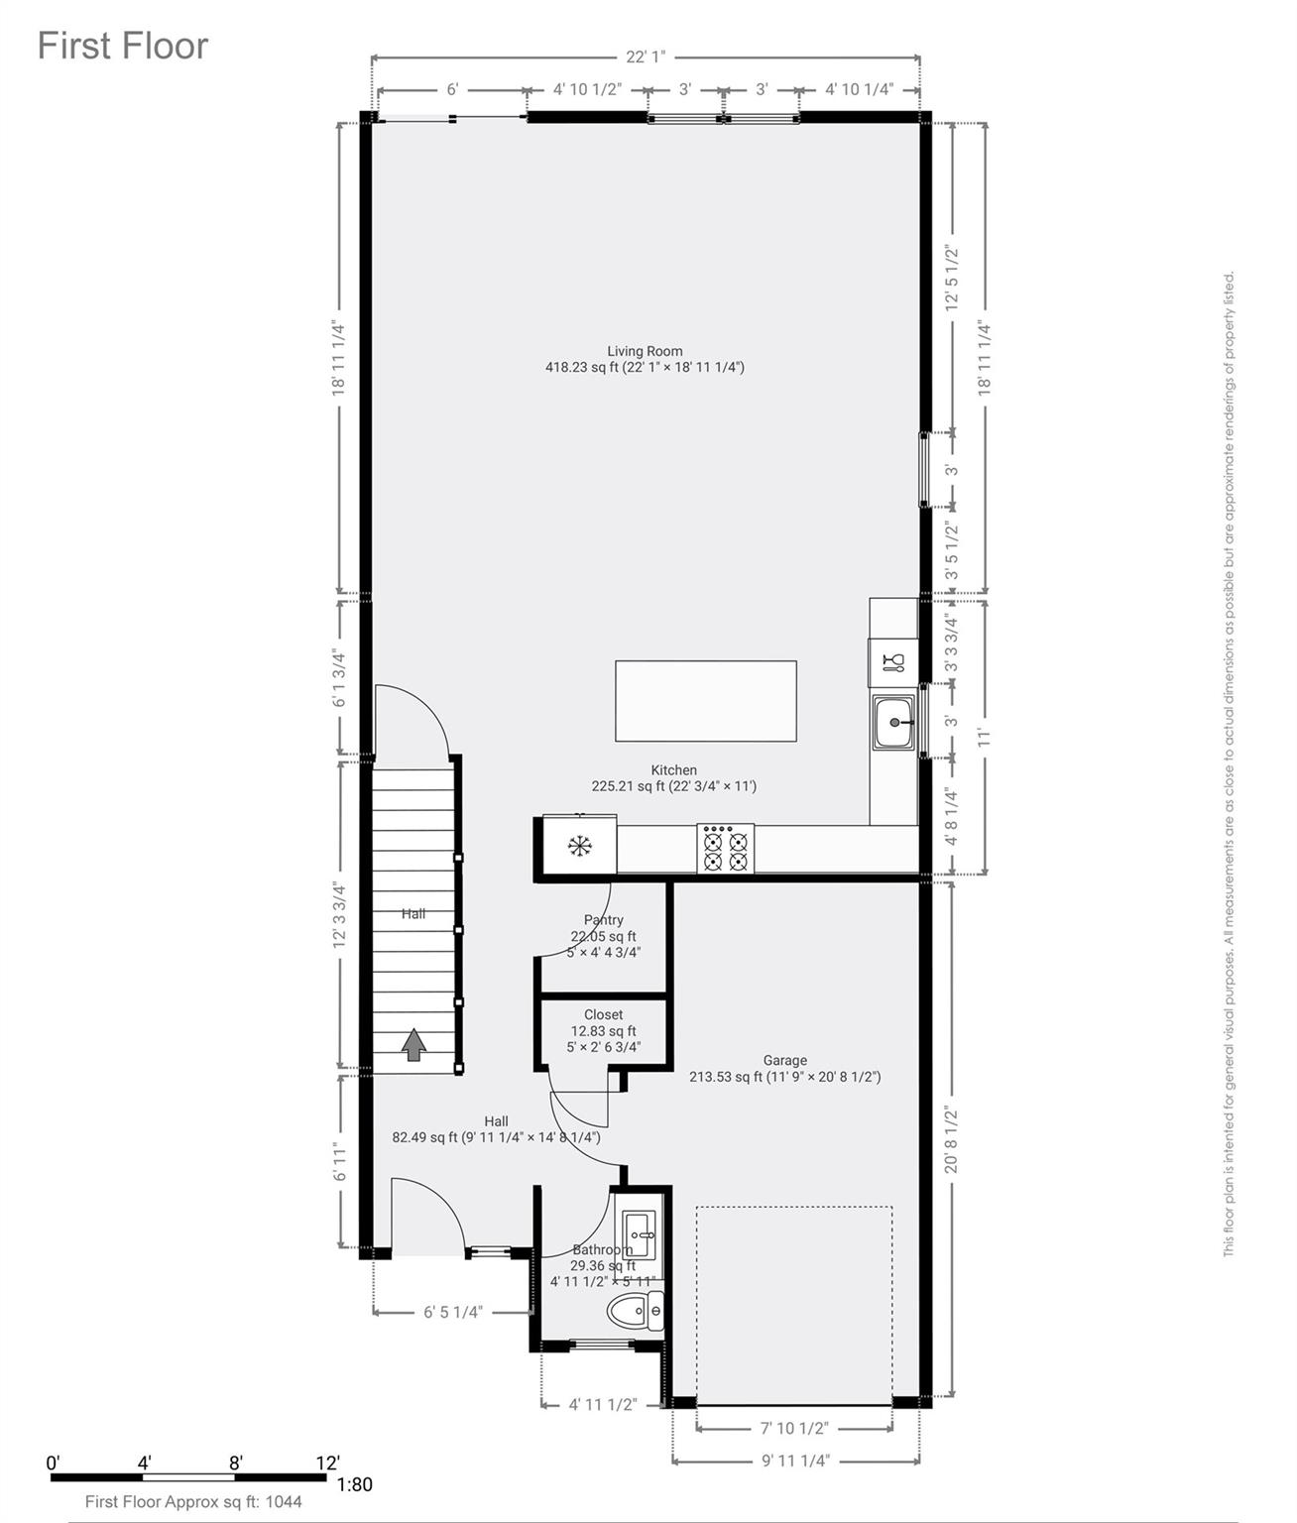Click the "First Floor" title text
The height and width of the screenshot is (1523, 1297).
point(123,46)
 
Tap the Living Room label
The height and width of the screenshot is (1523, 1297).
point(645,351)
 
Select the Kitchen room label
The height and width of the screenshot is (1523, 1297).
point(673,770)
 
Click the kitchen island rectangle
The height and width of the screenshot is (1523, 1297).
point(705,701)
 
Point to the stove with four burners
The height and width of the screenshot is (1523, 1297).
point(725,850)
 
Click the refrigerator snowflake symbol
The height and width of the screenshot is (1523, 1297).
point(579,847)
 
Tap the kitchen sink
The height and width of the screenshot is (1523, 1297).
point(893,723)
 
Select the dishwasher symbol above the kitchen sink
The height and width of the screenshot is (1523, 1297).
point(892,662)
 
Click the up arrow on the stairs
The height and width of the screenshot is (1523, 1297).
point(413,1044)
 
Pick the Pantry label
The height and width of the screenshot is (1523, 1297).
point(603,920)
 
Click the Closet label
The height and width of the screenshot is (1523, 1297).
point(603,1014)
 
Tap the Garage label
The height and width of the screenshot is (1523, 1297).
point(784,1060)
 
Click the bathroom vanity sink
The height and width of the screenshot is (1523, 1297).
point(636,1234)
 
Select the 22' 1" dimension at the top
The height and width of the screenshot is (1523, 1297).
point(645,58)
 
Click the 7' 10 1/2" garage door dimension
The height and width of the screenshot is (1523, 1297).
point(793,1428)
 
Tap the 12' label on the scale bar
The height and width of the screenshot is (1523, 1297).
point(327,1463)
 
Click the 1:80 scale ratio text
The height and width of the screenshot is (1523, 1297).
point(355,1484)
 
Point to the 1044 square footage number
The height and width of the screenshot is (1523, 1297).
point(284,1501)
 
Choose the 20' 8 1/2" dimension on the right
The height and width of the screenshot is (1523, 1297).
point(952,1140)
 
